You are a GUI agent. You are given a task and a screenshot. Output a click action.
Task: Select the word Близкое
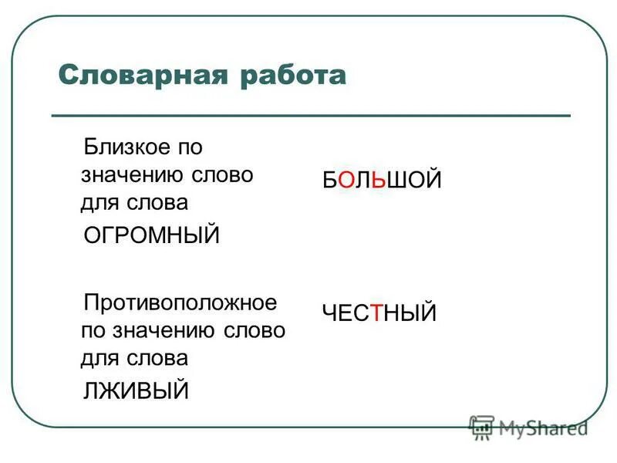[x=123, y=146]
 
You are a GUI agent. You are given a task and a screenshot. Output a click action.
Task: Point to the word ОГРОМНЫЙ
[x=151, y=235]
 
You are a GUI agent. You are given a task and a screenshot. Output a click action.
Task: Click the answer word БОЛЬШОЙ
[x=382, y=181]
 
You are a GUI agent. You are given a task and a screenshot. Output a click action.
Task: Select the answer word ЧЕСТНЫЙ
[x=379, y=313]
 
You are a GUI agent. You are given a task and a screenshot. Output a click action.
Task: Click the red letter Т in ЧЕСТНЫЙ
[x=377, y=313]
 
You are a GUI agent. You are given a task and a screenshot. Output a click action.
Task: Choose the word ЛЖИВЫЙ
[x=136, y=390]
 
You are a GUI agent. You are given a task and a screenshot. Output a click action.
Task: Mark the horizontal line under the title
[x=310, y=116]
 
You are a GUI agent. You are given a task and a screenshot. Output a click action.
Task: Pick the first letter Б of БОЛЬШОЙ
[x=329, y=181]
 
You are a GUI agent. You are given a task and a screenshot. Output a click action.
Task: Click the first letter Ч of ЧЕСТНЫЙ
[x=329, y=313]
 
